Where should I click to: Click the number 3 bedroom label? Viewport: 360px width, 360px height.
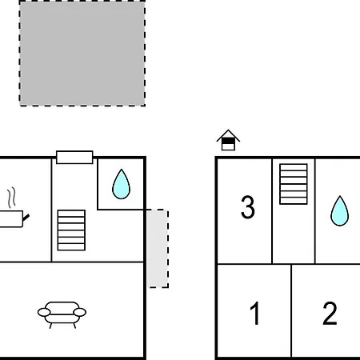point(248,207)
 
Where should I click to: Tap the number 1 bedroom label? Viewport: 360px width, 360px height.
point(255,313)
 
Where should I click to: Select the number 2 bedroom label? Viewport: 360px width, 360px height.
point(330,313)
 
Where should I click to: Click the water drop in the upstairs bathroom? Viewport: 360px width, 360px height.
point(339,210)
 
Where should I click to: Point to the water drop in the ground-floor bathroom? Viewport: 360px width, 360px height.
point(121,184)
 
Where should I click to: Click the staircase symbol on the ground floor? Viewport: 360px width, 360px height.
point(71,230)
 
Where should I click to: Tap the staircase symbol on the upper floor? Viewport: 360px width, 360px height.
point(294,184)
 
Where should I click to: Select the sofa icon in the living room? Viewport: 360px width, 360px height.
point(62,314)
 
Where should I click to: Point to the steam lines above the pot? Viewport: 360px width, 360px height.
point(11,198)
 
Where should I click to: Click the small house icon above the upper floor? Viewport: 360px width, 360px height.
point(228,140)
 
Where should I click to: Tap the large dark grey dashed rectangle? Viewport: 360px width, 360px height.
point(82,54)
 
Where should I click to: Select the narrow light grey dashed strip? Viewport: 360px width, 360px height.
point(158,249)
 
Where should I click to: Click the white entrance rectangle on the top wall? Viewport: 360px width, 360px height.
point(74,158)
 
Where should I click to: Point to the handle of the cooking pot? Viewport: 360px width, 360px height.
point(26,218)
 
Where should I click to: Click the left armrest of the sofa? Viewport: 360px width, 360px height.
point(44,312)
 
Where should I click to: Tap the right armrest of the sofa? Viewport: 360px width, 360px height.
point(80,312)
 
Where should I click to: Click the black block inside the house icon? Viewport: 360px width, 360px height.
point(228,141)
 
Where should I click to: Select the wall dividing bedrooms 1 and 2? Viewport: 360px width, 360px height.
point(291,310)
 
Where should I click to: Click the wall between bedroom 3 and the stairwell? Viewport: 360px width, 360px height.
point(272,211)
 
